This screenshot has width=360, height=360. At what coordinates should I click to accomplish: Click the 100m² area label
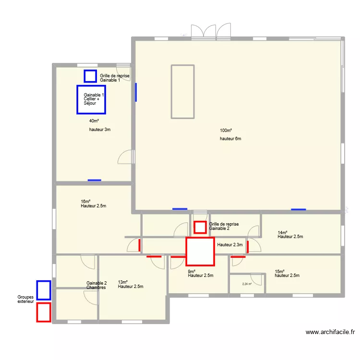coord(226,131)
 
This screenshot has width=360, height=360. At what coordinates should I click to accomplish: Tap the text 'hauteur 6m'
coord(230,139)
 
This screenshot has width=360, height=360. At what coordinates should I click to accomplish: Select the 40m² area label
coord(94,121)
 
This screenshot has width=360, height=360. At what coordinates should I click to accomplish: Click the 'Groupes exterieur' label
coord(25,299)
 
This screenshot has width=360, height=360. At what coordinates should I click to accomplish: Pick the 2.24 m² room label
coord(247,284)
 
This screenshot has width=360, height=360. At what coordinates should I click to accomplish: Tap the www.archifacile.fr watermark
coord(330,332)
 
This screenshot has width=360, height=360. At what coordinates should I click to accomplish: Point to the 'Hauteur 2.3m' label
coord(230,245)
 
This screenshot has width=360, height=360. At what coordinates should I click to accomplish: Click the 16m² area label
coord(85,201)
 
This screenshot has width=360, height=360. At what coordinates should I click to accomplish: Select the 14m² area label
coord(282,232)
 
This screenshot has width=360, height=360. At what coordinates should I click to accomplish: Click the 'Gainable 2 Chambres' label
coord(96,285)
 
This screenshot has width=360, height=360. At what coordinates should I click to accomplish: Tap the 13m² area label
coord(122,282)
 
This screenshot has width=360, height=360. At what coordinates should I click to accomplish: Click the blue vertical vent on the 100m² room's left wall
coord(136,92)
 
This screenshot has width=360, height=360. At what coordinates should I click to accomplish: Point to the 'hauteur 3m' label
coord(100,130)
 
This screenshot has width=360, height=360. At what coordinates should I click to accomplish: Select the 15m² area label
coord(280,271)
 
